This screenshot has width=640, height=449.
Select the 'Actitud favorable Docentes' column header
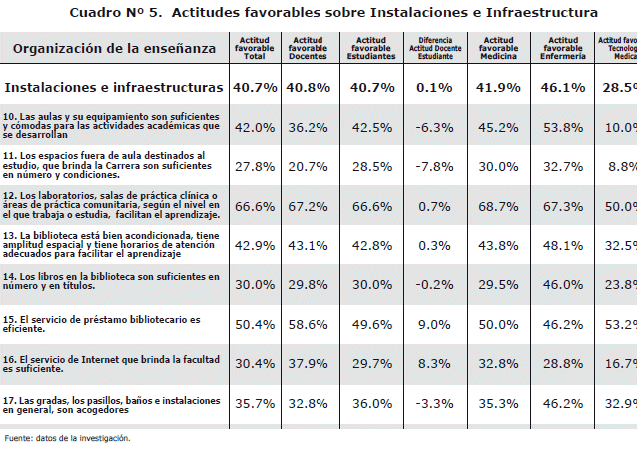click(x=308, y=48)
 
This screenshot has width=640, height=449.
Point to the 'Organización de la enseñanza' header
click(x=114, y=48)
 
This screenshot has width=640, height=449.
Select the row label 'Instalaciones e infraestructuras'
click(x=114, y=87)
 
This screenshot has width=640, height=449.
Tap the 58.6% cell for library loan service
click(x=308, y=324)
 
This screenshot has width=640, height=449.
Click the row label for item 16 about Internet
click(x=109, y=363)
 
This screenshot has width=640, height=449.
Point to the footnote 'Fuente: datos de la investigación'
click(x=67, y=438)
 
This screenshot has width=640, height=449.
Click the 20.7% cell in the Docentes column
click(x=308, y=166)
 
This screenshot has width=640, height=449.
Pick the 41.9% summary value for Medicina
click(x=497, y=87)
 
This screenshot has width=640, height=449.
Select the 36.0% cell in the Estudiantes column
click(x=371, y=403)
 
